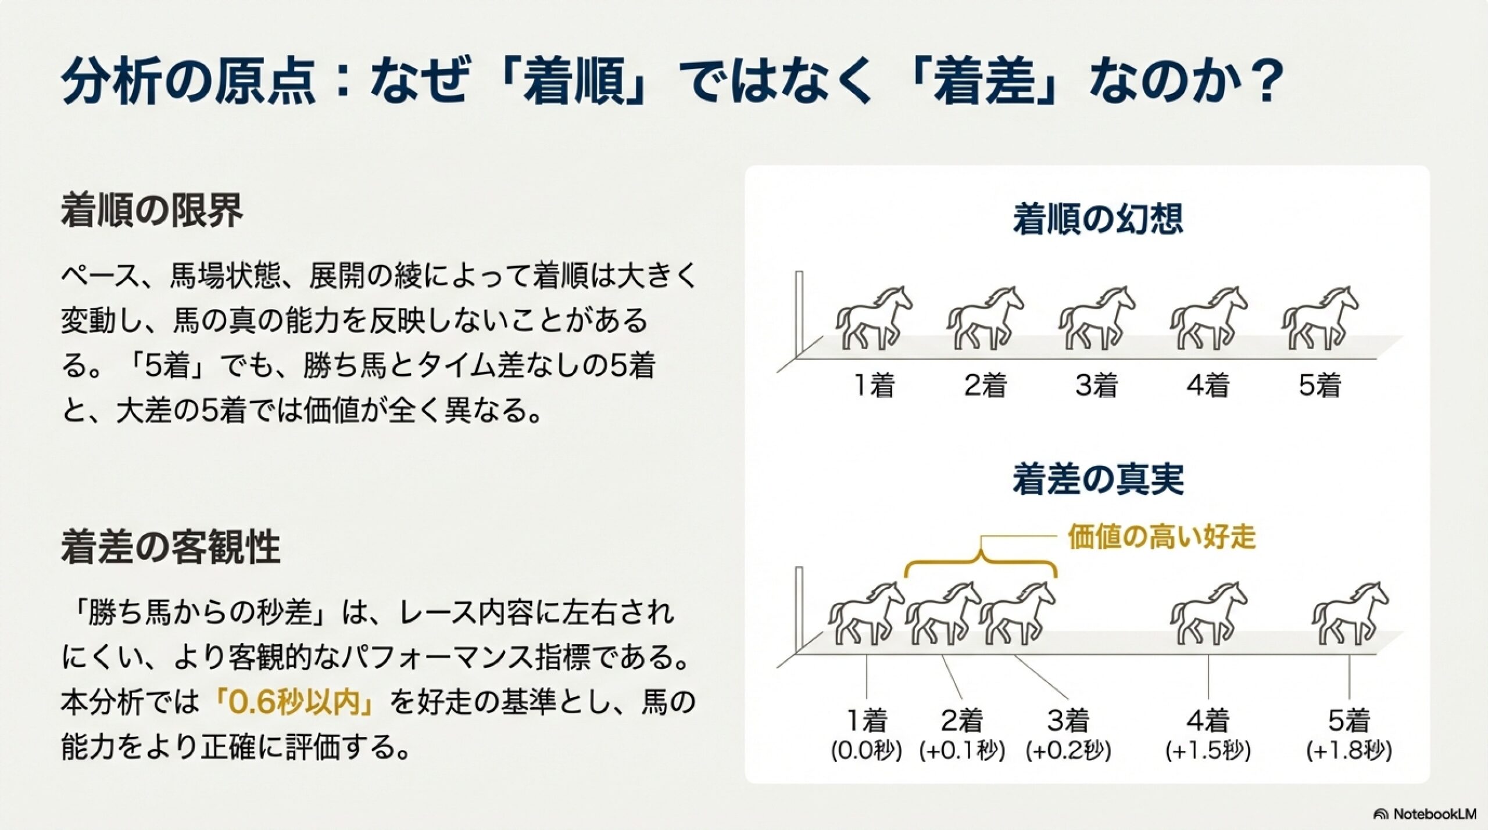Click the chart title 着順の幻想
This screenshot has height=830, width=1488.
point(1097,219)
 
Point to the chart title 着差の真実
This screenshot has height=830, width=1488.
point(1097,480)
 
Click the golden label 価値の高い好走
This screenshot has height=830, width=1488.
point(1161,537)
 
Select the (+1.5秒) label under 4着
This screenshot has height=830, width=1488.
point(1208,751)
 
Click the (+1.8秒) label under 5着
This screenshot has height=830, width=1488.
point(1349,751)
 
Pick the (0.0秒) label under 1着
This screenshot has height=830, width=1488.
point(866,751)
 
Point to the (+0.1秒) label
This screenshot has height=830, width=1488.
point(962,751)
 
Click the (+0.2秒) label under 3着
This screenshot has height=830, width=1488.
point(1068,751)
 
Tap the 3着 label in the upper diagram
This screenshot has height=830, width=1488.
point(1097,385)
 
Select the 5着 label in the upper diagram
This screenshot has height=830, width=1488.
point(1320,385)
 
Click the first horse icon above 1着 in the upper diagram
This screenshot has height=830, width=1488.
point(874,318)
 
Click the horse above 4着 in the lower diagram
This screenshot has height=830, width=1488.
point(1208,613)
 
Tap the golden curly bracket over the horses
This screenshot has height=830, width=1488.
point(981,560)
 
